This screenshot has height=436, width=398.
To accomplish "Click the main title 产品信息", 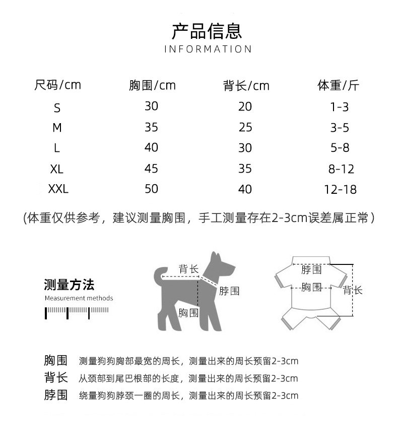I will (x=207, y=31).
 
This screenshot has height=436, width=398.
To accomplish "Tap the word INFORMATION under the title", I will (x=208, y=49).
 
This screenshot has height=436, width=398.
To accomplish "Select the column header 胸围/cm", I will (x=152, y=85).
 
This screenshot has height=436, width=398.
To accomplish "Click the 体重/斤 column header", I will (x=338, y=85).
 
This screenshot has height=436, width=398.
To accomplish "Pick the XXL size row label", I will (x=58, y=190).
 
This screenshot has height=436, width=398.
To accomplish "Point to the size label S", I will (x=57, y=107).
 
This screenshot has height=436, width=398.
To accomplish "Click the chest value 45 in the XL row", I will (x=151, y=168).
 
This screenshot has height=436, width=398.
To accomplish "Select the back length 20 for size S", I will (x=245, y=106).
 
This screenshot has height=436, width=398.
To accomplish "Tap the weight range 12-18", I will (x=340, y=190).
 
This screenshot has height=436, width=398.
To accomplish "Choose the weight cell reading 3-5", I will (x=340, y=128).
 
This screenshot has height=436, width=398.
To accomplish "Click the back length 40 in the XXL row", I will (x=245, y=189).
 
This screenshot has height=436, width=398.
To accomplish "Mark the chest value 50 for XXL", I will (x=151, y=189).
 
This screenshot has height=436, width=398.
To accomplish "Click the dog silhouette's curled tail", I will (x=161, y=275).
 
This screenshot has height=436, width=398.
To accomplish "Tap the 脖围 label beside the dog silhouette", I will (x=229, y=291).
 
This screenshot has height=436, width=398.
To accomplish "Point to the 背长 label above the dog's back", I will (x=188, y=269).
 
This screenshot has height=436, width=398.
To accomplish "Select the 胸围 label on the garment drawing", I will (x=311, y=287).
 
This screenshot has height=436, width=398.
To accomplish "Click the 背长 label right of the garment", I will (x=353, y=290).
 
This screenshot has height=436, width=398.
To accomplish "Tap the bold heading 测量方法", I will (x=69, y=285).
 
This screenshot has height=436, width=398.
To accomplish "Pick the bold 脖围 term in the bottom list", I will (x=55, y=395).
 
